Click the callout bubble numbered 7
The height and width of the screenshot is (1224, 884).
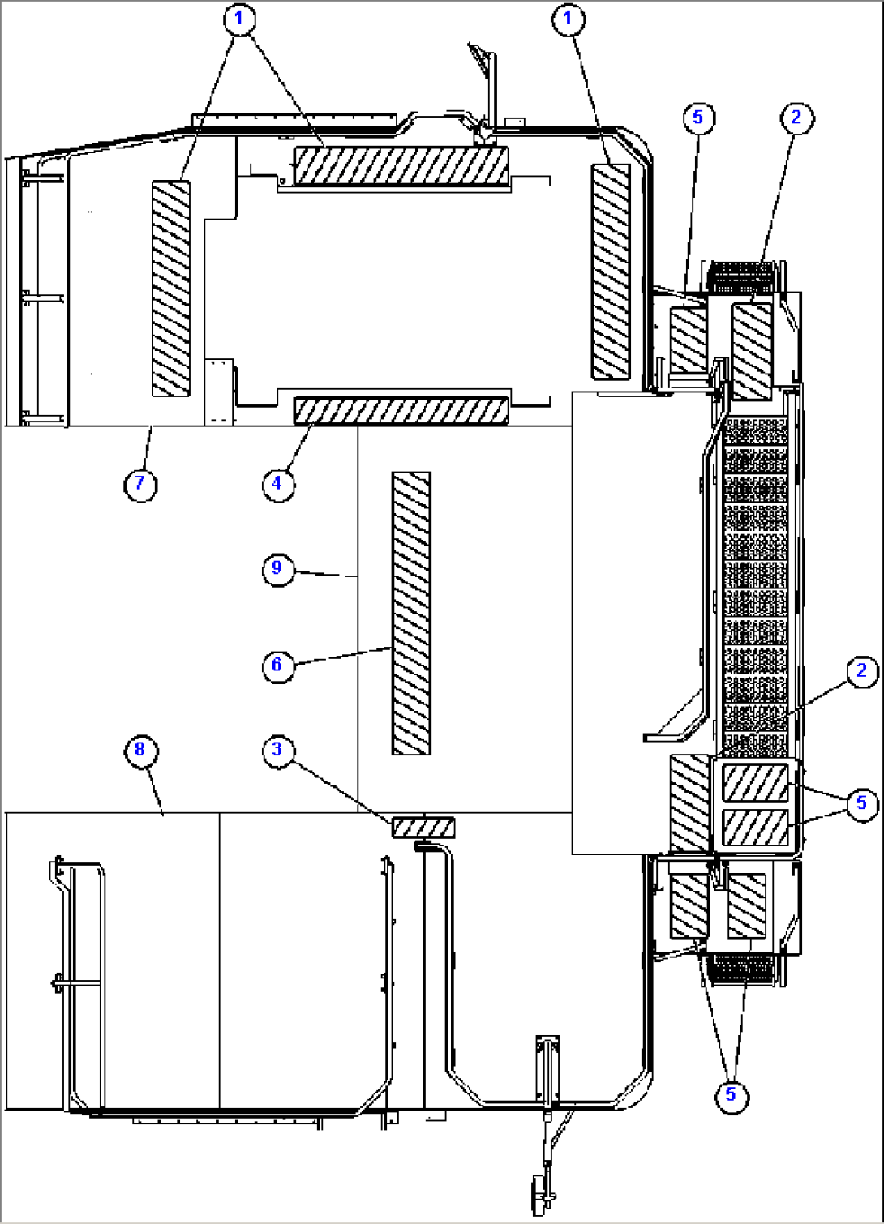click(140, 484)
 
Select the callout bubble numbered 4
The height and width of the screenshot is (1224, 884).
click(277, 484)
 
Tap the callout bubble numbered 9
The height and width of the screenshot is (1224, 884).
click(277, 568)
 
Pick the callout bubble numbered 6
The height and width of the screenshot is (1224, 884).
click(277, 665)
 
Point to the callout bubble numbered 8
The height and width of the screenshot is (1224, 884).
click(140, 750)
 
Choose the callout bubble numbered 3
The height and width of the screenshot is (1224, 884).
click(277, 750)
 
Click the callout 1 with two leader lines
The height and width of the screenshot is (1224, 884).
click(238, 18)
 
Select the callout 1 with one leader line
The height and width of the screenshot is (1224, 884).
click(568, 18)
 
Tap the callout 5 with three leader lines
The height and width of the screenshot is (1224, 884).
click(731, 1095)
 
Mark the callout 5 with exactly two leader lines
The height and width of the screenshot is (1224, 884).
click(861, 803)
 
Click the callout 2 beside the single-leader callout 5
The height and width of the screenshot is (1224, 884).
click(796, 118)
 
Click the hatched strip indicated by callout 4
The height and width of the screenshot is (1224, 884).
click(401, 411)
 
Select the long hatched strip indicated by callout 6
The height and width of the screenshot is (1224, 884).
click(411, 614)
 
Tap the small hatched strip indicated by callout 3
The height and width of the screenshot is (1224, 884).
click(423, 828)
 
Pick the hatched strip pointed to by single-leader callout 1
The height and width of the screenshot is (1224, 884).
click(611, 272)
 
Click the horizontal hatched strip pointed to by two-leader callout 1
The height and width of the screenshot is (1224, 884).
click(401, 166)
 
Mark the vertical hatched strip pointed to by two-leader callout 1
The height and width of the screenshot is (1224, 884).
click(171, 289)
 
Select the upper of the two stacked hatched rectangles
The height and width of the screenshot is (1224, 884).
click(755, 783)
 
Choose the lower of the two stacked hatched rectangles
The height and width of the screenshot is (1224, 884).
click(755, 828)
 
